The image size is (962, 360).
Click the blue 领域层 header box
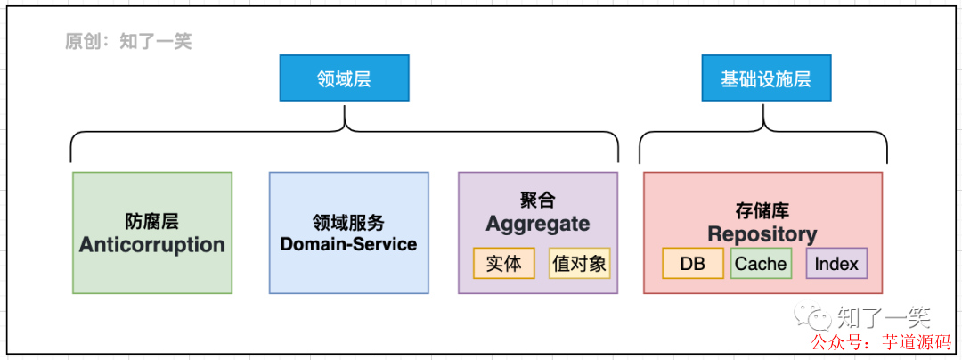tap(344, 78)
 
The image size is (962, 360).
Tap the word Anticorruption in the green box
tap(151, 245)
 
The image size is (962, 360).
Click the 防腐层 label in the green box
tap(151, 221)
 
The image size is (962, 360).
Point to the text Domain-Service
tap(348, 243)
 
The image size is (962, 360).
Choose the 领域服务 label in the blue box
tap(348, 222)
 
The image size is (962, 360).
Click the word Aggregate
tap(537, 225)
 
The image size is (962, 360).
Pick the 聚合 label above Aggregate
tap(537, 200)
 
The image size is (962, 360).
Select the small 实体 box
tap(503, 263)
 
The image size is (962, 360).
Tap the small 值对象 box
tap(580, 263)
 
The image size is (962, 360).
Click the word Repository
tap(762, 234)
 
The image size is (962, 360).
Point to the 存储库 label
tap(762, 211)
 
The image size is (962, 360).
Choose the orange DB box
tap(692, 263)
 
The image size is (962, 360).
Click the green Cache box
tap(760, 263)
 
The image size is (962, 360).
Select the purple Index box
tap(836, 263)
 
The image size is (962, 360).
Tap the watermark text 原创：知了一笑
tap(128, 41)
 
